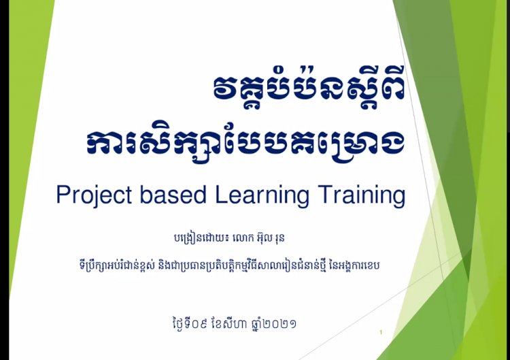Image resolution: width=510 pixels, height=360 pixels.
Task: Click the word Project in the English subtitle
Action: [94, 195]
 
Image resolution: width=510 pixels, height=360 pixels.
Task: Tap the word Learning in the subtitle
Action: [262, 195]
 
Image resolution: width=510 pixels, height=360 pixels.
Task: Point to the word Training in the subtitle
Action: [362, 195]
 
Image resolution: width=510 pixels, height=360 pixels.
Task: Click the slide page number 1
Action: [381, 332]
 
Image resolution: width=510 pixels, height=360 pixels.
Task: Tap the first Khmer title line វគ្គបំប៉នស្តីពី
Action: [309, 88]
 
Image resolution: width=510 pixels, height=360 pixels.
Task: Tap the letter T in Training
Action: [325, 195]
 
